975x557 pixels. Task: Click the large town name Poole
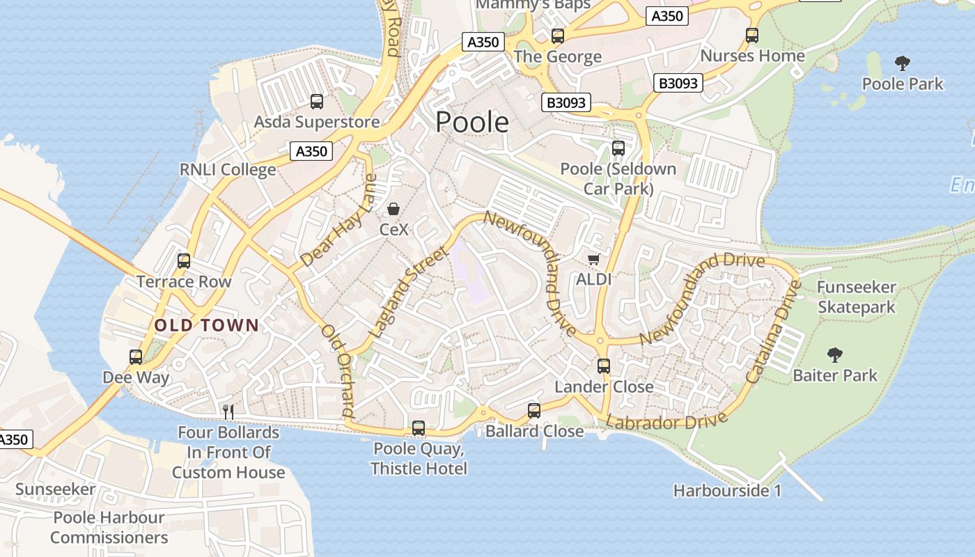tap(472, 123)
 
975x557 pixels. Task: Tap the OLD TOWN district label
tap(206, 325)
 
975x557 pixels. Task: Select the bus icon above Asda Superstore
tap(317, 102)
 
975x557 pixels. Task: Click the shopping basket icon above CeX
tap(393, 209)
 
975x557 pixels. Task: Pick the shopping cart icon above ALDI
tap(593, 260)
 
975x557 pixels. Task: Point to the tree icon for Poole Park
tap(902, 64)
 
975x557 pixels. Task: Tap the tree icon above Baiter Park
tap(834, 356)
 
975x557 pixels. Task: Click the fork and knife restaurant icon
tap(228, 411)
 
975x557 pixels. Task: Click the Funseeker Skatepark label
tap(856, 297)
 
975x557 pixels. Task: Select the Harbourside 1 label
tap(726, 491)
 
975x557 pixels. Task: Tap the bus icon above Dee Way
tap(136, 357)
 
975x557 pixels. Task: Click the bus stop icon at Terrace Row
tap(184, 261)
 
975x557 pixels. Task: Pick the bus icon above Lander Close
tap(603, 366)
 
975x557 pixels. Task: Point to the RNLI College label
tap(228, 170)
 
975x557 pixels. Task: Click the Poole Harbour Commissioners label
tap(109, 527)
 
